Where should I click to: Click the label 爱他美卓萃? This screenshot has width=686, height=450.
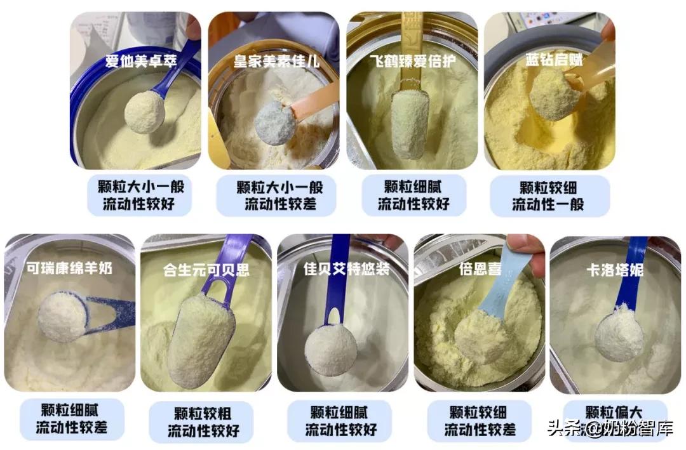pyautogui.click(x=136, y=62)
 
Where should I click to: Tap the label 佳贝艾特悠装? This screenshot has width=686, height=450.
pyautogui.click(x=346, y=269)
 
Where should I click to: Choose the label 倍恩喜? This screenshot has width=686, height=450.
pyautogui.click(x=480, y=268)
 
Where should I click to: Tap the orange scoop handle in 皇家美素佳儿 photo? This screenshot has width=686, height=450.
pyautogui.click(x=316, y=102)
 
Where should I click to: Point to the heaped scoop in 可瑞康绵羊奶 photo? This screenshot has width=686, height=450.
pyautogui.click(x=62, y=315)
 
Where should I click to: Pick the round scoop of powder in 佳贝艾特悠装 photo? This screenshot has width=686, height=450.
pyautogui.click(x=330, y=349)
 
